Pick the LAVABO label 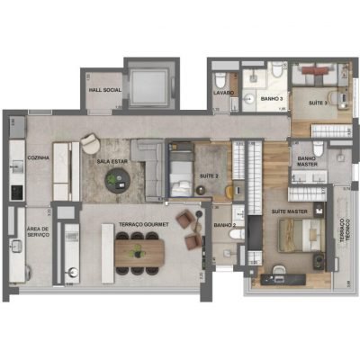click(x=224, y=93)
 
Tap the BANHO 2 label click(x=225, y=225)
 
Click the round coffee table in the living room click(x=117, y=180)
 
